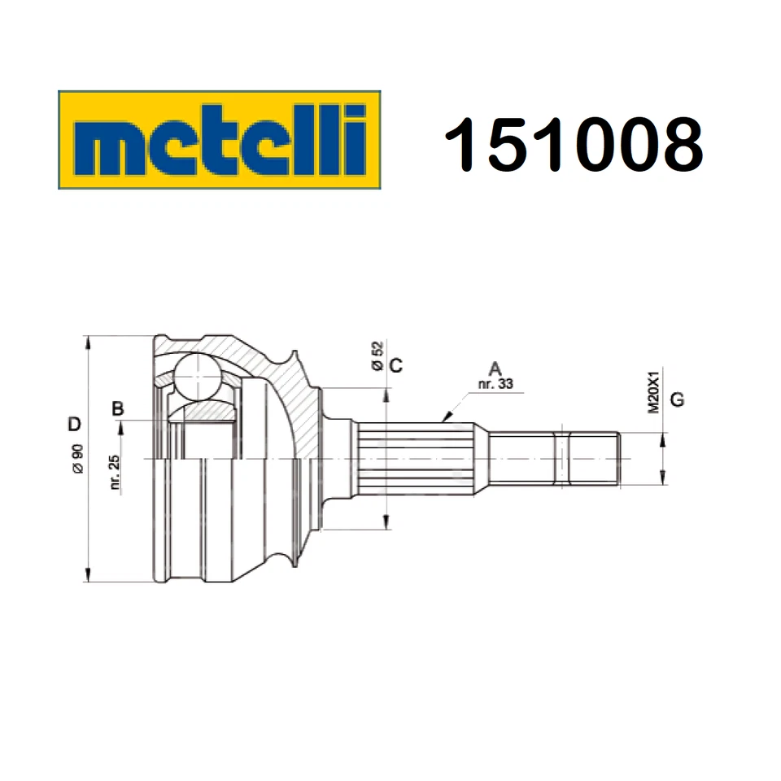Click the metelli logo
[220, 139]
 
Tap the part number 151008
[572, 143]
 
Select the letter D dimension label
[74, 424]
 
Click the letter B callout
[118, 408]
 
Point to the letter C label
[395, 365]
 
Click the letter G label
[678, 400]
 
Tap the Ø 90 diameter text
[77, 460]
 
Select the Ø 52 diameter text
[376, 356]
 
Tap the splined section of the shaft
[419, 458]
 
